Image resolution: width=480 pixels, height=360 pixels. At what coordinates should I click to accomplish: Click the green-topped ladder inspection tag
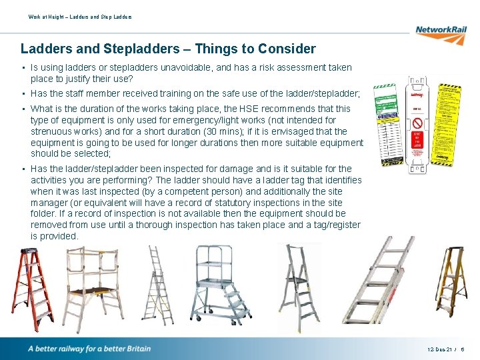click(386, 123)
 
